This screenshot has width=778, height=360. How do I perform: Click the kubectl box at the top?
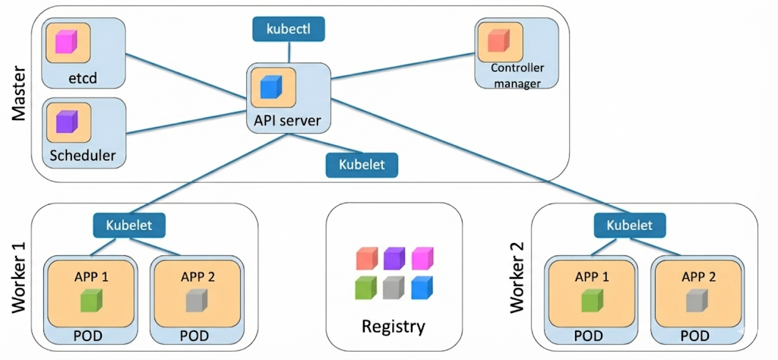pyautogui.click(x=289, y=29)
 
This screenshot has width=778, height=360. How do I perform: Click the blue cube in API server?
pyautogui.click(x=271, y=87)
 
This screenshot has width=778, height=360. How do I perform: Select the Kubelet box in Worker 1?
pyautogui.click(x=129, y=225)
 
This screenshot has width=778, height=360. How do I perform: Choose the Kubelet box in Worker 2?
pyautogui.click(x=629, y=225)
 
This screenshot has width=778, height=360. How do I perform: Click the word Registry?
pyautogui.click(x=393, y=327)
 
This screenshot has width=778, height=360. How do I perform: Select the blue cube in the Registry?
pyautogui.click(x=421, y=288)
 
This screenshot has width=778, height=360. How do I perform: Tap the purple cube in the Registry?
pyautogui.click(x=394, y=259)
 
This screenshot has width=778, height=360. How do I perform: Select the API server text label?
pyautogui.click(x=288, y=121)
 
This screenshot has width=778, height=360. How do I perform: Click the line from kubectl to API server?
pyautogui.click(x=289, y=52)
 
